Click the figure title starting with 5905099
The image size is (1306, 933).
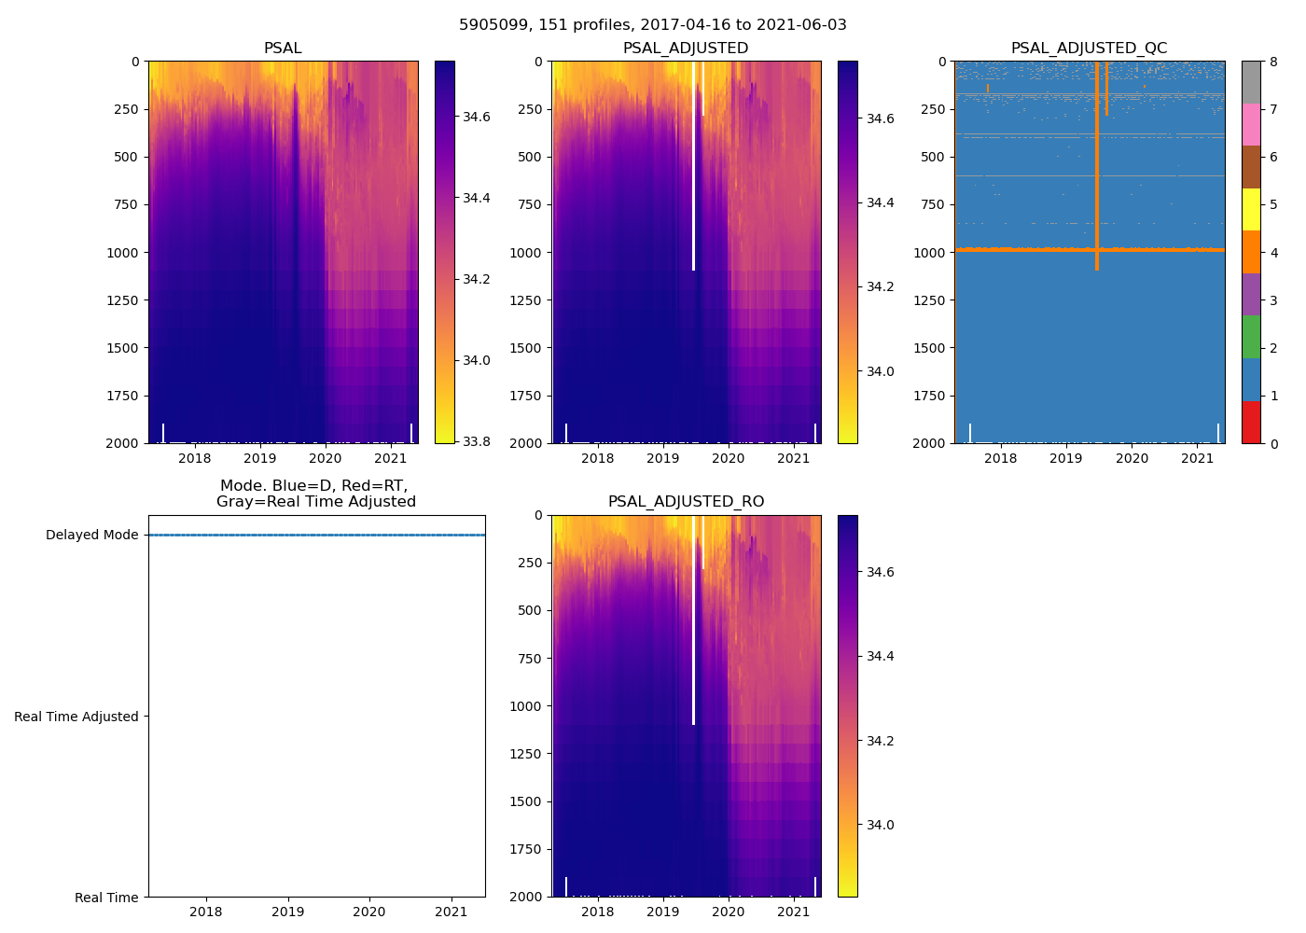[653, 25]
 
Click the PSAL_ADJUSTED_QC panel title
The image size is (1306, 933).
[1089, 49]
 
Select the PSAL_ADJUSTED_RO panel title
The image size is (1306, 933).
[686, 502]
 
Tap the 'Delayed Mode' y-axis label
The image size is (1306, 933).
[91, 536]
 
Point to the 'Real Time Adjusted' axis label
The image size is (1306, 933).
[76, 717]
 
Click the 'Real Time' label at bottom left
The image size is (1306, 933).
[106, 898]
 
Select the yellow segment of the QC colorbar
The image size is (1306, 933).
[1251, 210]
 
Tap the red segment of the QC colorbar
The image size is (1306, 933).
[1251, 422]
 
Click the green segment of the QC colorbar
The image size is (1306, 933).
[1251, 337]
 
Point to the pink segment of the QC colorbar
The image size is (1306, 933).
[1251, 125]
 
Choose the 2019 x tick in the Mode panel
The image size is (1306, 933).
[287, 912]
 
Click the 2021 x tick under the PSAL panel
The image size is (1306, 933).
[390, 458]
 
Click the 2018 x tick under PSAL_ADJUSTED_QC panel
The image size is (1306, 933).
[1000, 458]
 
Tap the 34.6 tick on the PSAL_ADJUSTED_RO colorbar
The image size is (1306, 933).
[880, 572]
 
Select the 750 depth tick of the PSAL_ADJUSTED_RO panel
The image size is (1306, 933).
[529, 659]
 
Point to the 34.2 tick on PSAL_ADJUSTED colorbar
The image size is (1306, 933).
[880, 286]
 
